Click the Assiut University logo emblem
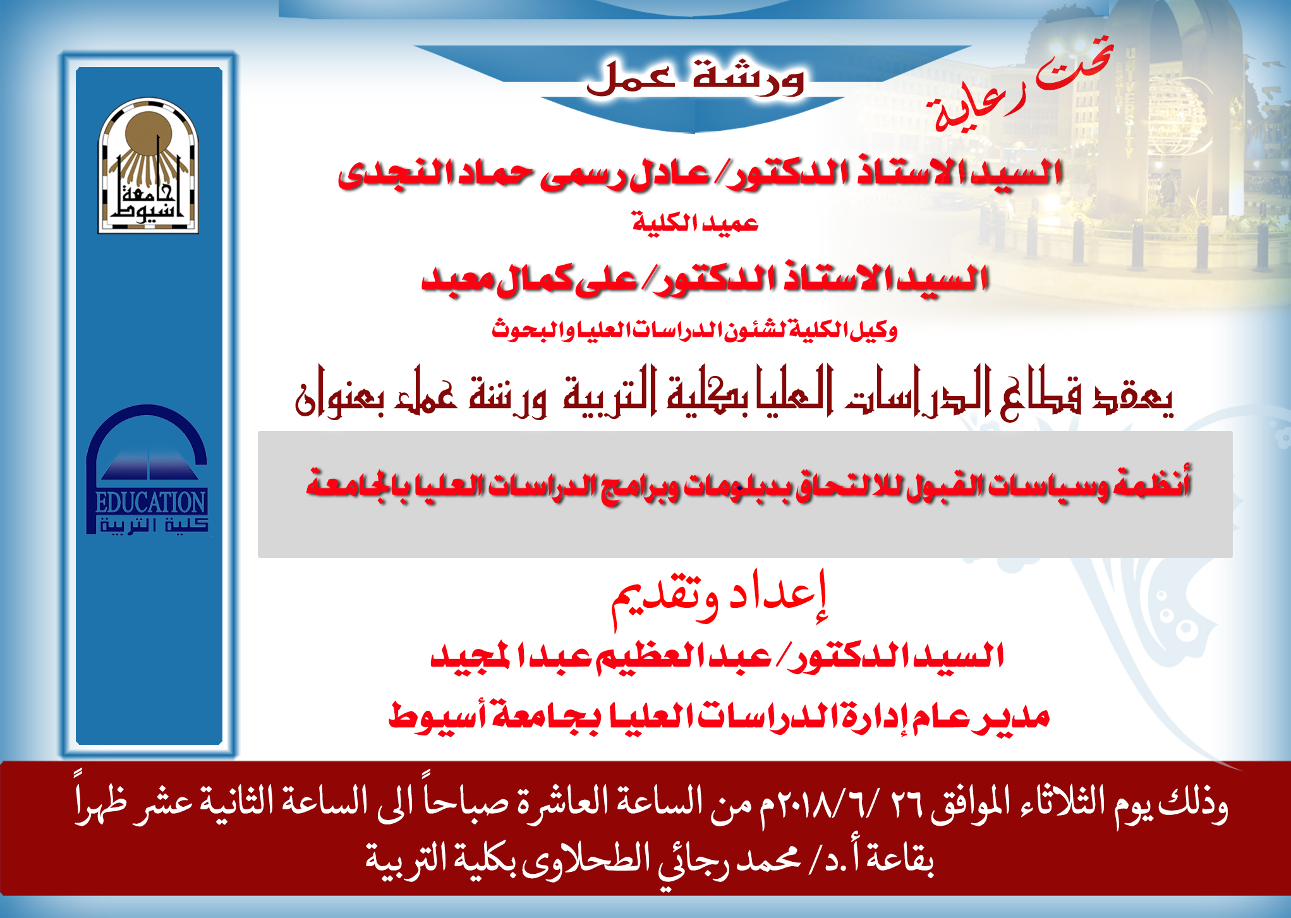(x=148, y=166)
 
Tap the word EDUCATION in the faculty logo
(x=150, y=503)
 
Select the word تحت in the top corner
(x=1074, y=63)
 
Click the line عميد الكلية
(x=695, y=223)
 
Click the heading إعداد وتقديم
(x=719, y=597)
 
